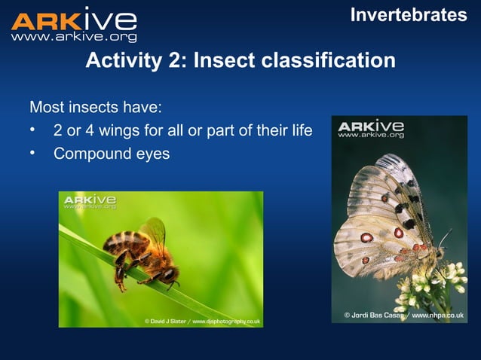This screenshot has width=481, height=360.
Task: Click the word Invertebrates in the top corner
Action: pyautogui.click(x=408, y=14)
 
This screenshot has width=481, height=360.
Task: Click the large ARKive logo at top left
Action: pyautogui.click(x=74, y=20)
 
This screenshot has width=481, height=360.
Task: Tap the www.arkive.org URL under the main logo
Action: pyautogui.click(x=74, y=37)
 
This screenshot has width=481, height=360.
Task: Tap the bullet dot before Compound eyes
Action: pyautogui.click(x=33, y=154)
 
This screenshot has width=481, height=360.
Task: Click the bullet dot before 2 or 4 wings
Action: pyautogui.click(x=33, y=130)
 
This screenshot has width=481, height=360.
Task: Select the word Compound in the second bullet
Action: pyautogui.click(x=90, y=154)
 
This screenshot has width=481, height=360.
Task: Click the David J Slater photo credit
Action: pyautogui.click(x=203, y=321)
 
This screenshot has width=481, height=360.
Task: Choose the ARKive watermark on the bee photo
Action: pyautogui.click(x=90, y=202)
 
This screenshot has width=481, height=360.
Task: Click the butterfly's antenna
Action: pyautogui.click(x=446, y=239)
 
